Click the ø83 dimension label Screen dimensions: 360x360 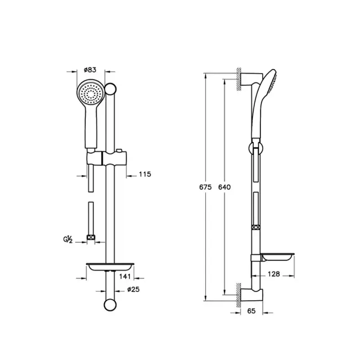(x=90, y=70)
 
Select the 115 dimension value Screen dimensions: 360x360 (x=144, y=174)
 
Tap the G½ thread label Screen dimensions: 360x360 (x=69, y=239)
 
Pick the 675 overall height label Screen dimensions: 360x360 (x=205, y=187)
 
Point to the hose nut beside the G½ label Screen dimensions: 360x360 (x=91, y=238)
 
